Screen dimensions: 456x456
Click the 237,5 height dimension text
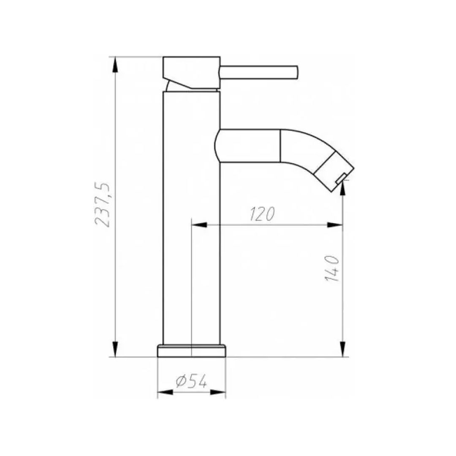coord(103,205)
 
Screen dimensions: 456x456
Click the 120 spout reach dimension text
coord(262,214)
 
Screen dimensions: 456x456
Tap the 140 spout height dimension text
coord(332,269)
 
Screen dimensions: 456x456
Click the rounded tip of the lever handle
coord(296,73)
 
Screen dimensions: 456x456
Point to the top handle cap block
coord(191,73)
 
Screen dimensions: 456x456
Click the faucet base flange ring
coord(191,351)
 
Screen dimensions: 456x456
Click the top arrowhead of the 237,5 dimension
coord(115,65)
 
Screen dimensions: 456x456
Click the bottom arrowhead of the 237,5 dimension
coord(115,349)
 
